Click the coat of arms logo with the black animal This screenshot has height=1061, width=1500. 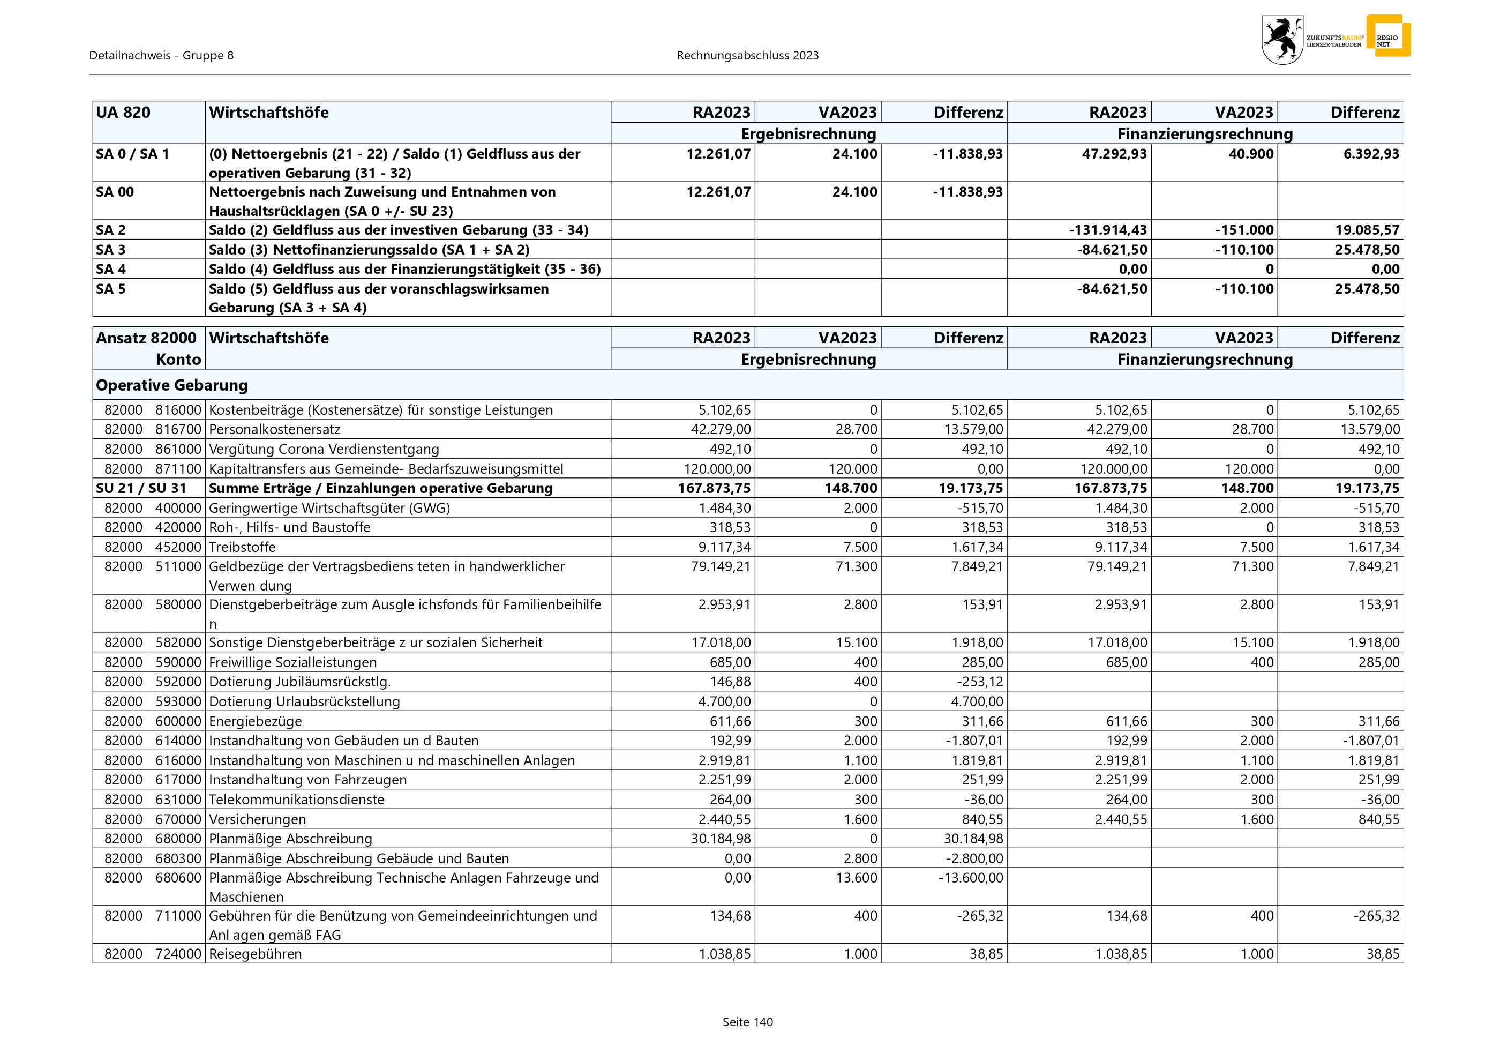(x=1282, y=40)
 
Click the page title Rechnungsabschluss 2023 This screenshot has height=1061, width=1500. (x=747, y=56)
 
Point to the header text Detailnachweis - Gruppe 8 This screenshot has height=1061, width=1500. (x=161, y=56)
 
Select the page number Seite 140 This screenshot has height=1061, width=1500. (x=747, y=1022)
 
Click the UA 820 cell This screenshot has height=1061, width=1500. (x=123, y=113)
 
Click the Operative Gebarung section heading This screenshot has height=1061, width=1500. (x=172, y=385)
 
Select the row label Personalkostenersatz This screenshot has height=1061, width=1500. (x=274, y=430)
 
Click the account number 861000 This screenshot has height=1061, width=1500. (x=178, y=450)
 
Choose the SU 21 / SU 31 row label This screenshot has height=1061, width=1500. (x=141, y=489)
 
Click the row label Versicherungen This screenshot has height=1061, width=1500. (x=257, y=819)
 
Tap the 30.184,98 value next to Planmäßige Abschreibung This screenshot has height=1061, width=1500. (x=721, y=839)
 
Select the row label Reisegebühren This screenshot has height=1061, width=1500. (x=256, y=954)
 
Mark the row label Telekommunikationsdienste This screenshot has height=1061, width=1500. (x=297, y=800)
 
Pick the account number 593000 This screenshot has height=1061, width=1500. (x=178, y=701)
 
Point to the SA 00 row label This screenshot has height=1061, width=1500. (x=115, y=192)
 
